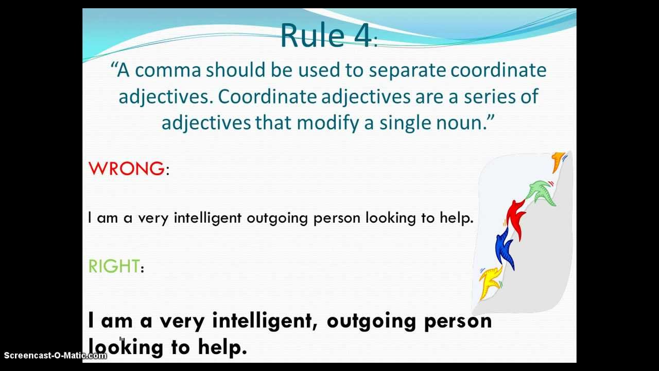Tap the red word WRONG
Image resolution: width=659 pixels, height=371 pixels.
coord(126,168)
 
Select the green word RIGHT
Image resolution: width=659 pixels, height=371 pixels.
coord(114,266)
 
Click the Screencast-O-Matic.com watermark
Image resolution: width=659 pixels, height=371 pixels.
coord(55,355)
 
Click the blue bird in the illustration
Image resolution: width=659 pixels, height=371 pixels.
coord(505,249)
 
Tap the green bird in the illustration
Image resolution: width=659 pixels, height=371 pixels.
coord(542,192)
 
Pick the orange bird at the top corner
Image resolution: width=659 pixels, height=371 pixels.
coord(558,161)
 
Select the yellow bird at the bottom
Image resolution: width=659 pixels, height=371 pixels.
coord(491,281)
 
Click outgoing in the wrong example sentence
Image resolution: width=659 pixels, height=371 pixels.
coord(277,218)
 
